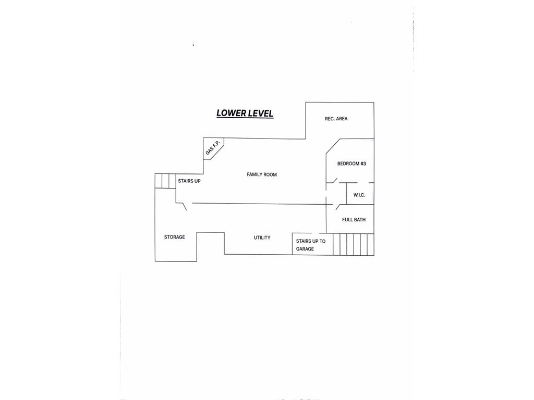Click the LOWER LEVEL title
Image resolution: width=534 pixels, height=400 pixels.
point(245,113)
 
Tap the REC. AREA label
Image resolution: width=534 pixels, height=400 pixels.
point(336,119)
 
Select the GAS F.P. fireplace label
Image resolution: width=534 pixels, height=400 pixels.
point(213,147)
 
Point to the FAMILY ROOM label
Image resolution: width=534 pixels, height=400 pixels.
point(262,174)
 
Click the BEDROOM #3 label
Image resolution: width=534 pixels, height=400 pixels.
point(351,164)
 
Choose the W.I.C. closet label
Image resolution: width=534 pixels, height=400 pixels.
point(359,195)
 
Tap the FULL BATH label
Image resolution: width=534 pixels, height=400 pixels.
point(354,220)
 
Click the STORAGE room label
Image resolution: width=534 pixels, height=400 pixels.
point(174,237)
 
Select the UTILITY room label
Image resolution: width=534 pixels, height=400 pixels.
point(262,238)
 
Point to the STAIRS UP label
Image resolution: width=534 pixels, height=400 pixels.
point(189,181)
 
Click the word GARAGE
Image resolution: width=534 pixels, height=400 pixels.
point(305,249)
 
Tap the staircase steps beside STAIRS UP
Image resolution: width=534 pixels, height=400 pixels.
point(165,181)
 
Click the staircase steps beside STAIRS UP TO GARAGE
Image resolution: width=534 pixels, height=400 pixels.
point(354,244)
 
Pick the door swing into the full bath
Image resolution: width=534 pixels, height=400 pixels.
point(338,207)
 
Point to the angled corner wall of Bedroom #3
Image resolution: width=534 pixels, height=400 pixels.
point(333,146)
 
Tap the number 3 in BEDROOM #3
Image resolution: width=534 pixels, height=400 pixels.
point(365,164)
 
